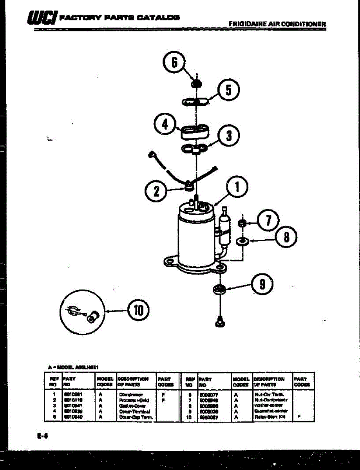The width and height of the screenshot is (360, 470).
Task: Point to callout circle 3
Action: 229,136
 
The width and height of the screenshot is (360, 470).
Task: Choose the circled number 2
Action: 156,191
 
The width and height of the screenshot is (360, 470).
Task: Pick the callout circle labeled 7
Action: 268,221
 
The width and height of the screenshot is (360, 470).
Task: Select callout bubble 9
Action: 262,284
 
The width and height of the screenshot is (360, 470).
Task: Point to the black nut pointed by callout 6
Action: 196,84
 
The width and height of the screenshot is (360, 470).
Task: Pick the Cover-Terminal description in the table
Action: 136,412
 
